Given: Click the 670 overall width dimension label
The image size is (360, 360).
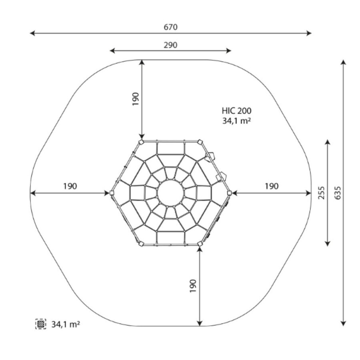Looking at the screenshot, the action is [x=170, y=27].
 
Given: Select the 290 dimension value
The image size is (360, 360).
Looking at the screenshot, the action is [x=170, y=45].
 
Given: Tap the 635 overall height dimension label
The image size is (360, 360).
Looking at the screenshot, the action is [x=338, y=193].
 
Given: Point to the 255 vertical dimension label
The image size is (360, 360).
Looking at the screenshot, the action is [x=322, y=193].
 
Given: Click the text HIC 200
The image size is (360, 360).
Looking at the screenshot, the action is [x=236, y=111].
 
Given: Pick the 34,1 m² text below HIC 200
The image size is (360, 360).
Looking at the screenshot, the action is [x=236, y=121].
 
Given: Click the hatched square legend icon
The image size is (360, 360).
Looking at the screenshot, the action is [x=41, y=324].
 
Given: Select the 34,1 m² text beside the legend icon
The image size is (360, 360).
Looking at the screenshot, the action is [x=66, y=324].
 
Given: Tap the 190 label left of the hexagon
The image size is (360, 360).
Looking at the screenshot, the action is [x=70, y=186].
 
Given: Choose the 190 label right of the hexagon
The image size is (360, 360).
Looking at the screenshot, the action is [x=272, y=186].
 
